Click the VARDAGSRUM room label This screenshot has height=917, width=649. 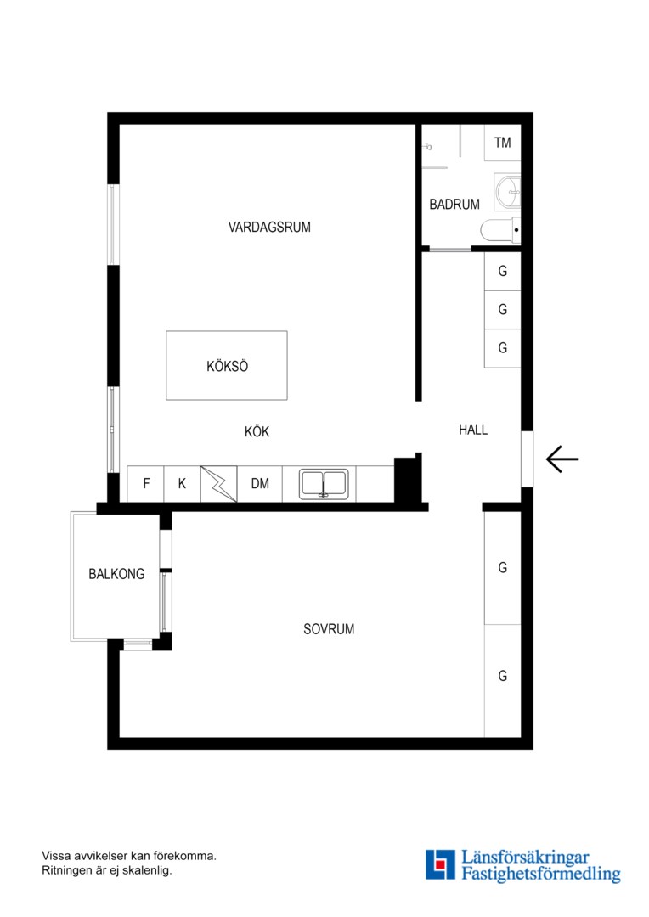click(x=269, y=227)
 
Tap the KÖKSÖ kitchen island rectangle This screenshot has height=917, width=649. click(x=227, y=365)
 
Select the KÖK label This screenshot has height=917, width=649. click(x=257, y=431)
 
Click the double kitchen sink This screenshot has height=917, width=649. click(x=324, y=484)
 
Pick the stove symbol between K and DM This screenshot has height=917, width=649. click(x=219, y=484)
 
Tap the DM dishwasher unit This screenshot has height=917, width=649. click(x=260, y=484)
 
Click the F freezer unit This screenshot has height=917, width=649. click(x=146, y=484)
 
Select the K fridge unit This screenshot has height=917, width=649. click(x=182, y=484)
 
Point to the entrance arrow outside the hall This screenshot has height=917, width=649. click(x=562, y=459)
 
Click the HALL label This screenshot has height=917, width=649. click(x=473, y=430)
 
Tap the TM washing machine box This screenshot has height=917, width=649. click(x=502, y=143)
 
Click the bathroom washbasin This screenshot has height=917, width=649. click(x=507, y=191)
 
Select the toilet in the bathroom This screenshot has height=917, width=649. click(x=500, y=230)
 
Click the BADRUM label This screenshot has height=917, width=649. click(x=454, y=205)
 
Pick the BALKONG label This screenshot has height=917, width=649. click(x=116, y=574)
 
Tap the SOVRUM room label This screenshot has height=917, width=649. click(x=328, y=629)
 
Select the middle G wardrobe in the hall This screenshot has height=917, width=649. click(x=503, y=309)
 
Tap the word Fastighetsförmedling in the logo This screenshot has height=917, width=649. click(x=541, y=874)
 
